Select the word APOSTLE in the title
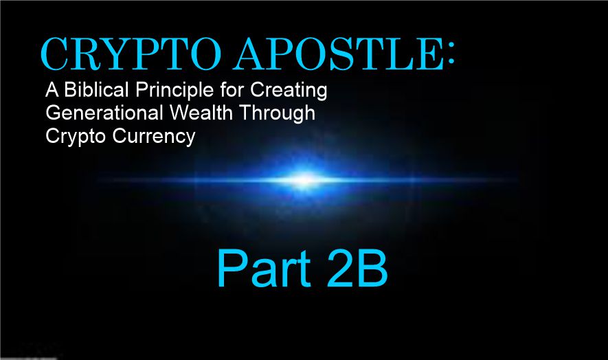pyautogui.click(x=338, y=54)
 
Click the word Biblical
pyautogui.click(x=96, y=90)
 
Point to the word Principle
pyautogui.click(x=174, y=91)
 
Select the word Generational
pyautogui.click(x=104, y=113)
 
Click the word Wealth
pyautogui.click(x=201, y=113)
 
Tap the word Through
pyautogui.click(x=277, y=114)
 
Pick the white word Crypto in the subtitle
pyautogui.click(x=75, y=137)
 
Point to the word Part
pyautogui.click(x=264, y=269)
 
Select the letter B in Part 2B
pyautogui.click(x=372, y=268)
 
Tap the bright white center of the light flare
pyautogui.click(x=305, y=179)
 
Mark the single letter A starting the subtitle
pyautogui.click(x=52, y=90)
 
